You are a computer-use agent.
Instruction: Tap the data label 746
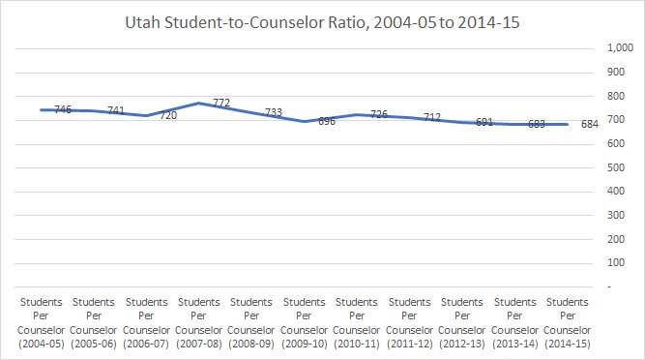coord(62,110)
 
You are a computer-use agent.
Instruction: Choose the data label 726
coord(379,114)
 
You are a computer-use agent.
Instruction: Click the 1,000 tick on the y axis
coord(617,47)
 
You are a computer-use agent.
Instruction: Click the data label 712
coord(432,118)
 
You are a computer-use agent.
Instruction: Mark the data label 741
coord(115,111)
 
